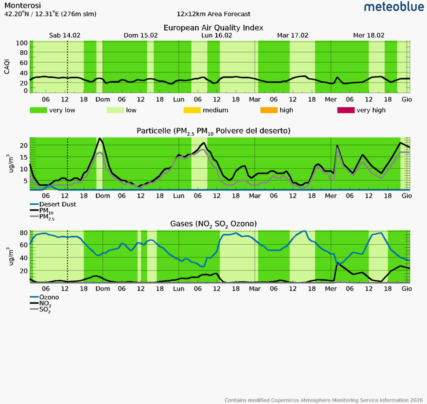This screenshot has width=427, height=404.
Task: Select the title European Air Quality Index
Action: (x=213, y=28)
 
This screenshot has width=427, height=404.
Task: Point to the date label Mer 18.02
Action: (x=369, y=36)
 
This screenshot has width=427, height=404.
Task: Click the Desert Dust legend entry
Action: (x=57, y=204)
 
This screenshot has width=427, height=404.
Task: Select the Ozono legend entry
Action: (x=49, y=297)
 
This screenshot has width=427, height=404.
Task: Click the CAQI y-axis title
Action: (x=7, y=67)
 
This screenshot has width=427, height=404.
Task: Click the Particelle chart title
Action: (x=213, y=131)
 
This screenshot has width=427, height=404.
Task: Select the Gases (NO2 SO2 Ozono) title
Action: (x=213, y=224)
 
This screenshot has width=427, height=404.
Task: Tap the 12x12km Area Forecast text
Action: (x=213, y=14)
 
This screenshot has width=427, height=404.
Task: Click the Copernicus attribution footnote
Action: (x=323, y=400)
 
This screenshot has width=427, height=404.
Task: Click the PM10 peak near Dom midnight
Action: (x=100, y=139)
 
